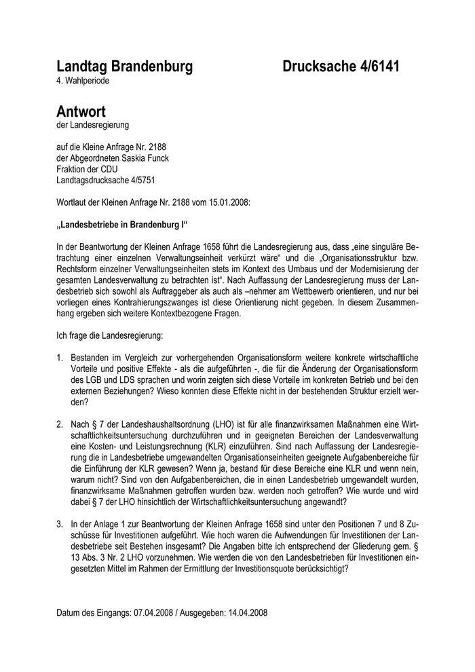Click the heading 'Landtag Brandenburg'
[x=125, y=67]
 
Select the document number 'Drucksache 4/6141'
[x=341, y=67]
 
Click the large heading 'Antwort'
[x=81, y=111]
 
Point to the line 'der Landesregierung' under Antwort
[x=92, y=125]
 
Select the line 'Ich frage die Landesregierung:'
[x=110, y=335]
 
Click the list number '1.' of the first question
[x=60, y=358]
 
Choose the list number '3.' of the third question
[x=60, y=524]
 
